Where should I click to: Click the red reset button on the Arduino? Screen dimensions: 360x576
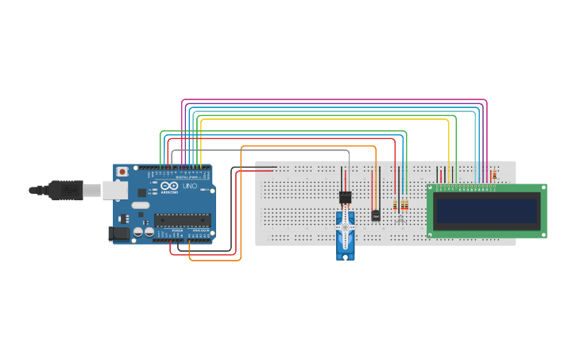pyautogui.click(x=122, y=172)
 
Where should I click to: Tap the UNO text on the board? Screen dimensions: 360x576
pyautogui.click(x=190, y=186)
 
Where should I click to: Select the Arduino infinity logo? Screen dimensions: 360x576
pyautogui.click(x=170, y=187)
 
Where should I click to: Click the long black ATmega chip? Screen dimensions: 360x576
pyautogui.click(x=181, y=219)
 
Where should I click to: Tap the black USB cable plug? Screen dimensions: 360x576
pyautogui.click(x=64, y=190)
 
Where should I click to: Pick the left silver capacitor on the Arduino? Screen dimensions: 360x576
pyautogui.click(x=138, y=233)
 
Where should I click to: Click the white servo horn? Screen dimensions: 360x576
pyautogui.click(x=344, y=231)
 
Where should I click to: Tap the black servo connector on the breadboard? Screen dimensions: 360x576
pyautogui.click(x=345, y=197)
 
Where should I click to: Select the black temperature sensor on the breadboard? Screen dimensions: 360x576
pyautogui.click(x=375, y=215)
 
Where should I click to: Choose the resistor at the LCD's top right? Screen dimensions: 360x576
pyautogui.click(x=494, y=175)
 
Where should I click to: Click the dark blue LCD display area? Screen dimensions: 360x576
pyautogui.click(x=486, y=211)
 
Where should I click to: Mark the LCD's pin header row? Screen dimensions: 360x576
pyautogui.click(x=465, y=188)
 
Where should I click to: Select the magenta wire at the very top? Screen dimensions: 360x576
pyautogui.click(x=334, y=100)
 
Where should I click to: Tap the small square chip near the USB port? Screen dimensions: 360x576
pyautogui.click(x=122, y=217)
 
